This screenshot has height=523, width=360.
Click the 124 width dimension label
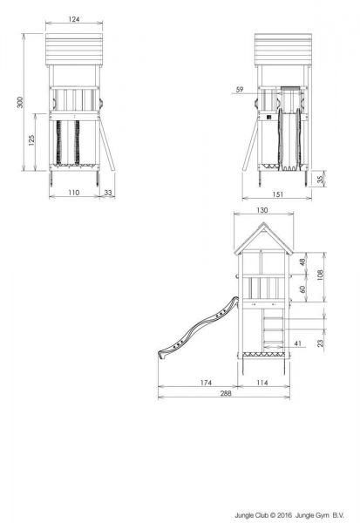(x=74, y=19)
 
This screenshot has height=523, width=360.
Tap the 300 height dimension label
(x=20, y=102)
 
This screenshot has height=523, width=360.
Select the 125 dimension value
(x=31, y=140)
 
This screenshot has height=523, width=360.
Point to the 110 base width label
(x=74, y=193)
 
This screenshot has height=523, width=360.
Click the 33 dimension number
(x=108, y=193)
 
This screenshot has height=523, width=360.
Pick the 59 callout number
(x=240, y=90)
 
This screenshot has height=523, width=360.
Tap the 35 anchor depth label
(x=320, y=179)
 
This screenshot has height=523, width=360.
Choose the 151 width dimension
(x=277, y=194)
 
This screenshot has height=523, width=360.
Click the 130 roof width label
(x=262, y=210)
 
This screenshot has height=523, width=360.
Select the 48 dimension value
(x=302, y=261)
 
